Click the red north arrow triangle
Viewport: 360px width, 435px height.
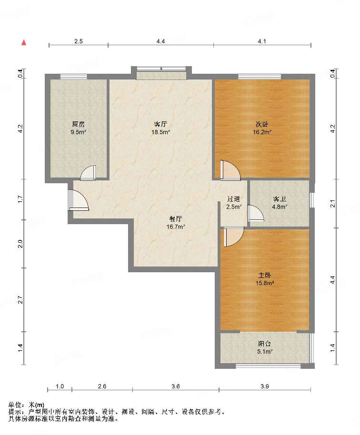24,42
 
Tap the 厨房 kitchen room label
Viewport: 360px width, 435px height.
78,124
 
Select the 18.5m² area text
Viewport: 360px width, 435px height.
160,132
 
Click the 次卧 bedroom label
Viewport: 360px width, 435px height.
262,124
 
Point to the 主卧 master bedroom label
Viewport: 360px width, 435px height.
264,275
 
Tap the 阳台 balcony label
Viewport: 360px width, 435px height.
264,344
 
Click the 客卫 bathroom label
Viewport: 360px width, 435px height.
280,199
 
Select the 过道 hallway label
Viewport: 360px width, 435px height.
234,199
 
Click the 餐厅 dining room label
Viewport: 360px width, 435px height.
176,219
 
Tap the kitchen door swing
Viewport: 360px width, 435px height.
88,173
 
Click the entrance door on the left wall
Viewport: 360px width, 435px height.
78,200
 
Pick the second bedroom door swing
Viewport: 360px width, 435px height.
230,170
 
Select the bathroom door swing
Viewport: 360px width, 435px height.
256,213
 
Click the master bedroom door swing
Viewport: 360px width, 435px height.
234,237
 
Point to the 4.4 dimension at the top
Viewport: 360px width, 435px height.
160,41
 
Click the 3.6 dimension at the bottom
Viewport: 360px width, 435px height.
176,386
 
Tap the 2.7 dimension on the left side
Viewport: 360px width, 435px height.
20,300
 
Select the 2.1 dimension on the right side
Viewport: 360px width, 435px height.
333,203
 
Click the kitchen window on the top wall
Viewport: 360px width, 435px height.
73,77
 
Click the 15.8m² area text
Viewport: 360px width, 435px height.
265,283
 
